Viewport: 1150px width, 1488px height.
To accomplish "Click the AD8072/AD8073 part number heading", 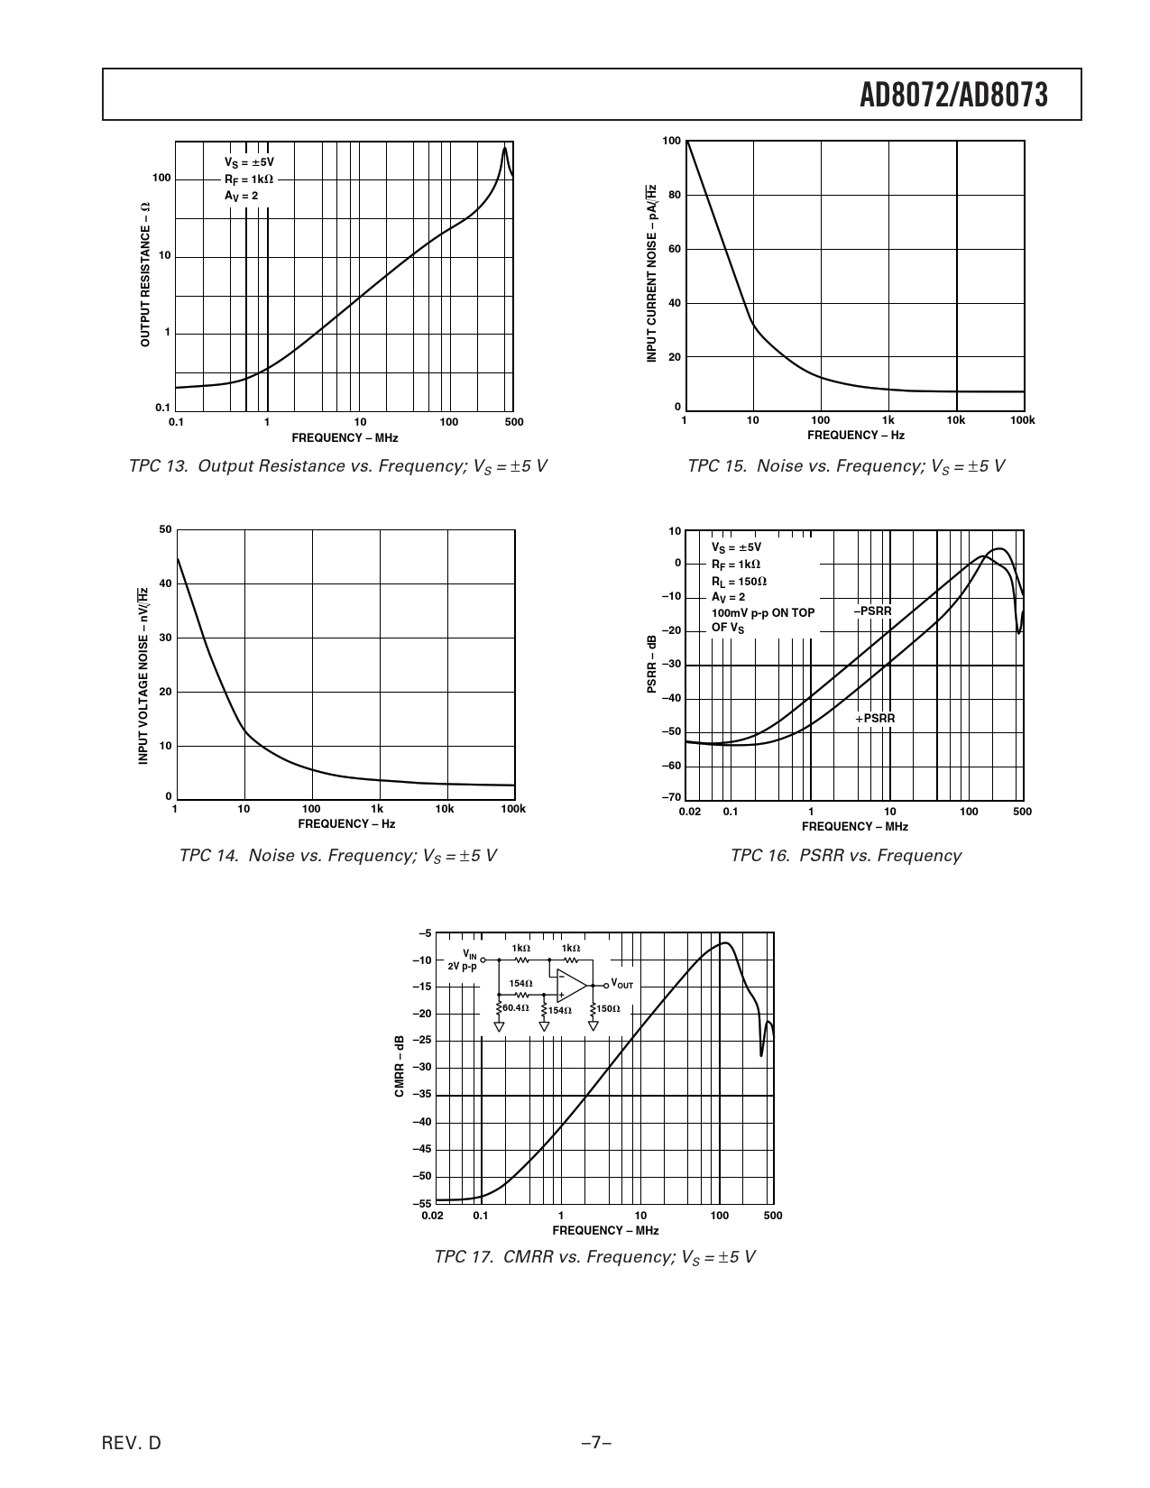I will [x=953, y=95].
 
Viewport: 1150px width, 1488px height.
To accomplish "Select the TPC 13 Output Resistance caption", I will [x=338, y=466].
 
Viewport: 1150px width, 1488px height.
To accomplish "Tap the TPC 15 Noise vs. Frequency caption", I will [x=845, y=466].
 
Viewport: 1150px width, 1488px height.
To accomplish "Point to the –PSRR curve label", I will [x=872, y=611].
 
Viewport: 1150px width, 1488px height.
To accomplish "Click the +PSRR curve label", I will [x=875, y=719].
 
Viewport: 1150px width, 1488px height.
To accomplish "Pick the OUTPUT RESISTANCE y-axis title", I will [x=145, y=274].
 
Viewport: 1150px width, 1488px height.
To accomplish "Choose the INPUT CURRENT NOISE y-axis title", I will [x=651, y=274].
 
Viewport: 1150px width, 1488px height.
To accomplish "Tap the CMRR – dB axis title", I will [x=399, y=1066].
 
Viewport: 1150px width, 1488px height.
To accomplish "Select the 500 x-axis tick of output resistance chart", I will [x=514, y=422].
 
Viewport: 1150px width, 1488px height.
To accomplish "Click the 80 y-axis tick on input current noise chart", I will [x=674, y=195].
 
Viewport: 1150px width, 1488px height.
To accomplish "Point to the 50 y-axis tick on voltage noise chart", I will [x=165, y=529].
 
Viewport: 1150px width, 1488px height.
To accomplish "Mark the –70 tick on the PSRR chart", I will [x=672, y=798].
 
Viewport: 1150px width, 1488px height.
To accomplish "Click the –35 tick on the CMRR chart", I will [x=422, y=1095].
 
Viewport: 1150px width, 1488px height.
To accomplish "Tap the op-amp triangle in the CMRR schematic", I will [x=570, y=986].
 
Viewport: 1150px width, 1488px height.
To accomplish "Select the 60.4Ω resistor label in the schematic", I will [x=516, y=1007].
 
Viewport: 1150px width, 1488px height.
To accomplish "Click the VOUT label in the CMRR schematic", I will [x=622, y=984].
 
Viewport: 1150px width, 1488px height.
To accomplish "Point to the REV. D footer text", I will [x=132, y=1443].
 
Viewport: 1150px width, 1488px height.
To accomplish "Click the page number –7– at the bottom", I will [x=596, y=1443].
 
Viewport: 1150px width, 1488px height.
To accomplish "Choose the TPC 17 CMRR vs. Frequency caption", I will [x=594, y=1257].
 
